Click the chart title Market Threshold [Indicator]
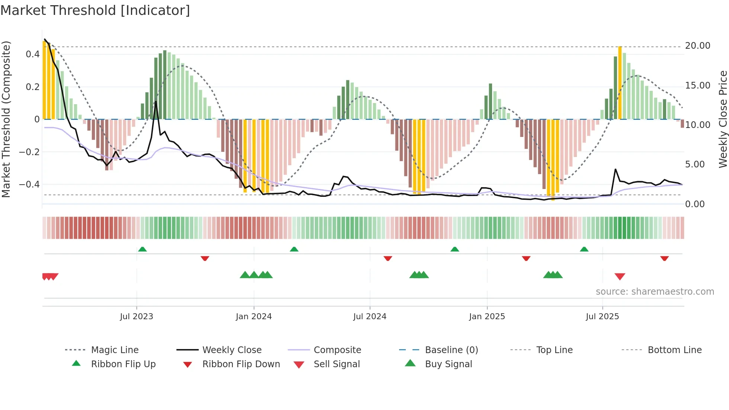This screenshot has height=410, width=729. pos(95,10)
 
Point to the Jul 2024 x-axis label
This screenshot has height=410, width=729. pos(370,316)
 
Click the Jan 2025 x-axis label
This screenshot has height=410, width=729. pos(487,316)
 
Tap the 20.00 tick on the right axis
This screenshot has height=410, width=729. pos(697,46)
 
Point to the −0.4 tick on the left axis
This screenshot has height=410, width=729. pos(29,185)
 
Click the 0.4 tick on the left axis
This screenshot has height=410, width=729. pos(33,54)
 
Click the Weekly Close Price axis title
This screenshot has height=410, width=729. pos(723,119)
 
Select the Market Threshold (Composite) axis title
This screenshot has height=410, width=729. pos(6,119)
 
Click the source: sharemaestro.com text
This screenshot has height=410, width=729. pos(655,291)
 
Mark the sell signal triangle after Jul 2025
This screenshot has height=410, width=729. pos(620,276)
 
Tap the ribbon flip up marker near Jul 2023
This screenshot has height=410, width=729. pos(142,249)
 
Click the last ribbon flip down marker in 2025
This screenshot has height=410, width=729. pos(664,258)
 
